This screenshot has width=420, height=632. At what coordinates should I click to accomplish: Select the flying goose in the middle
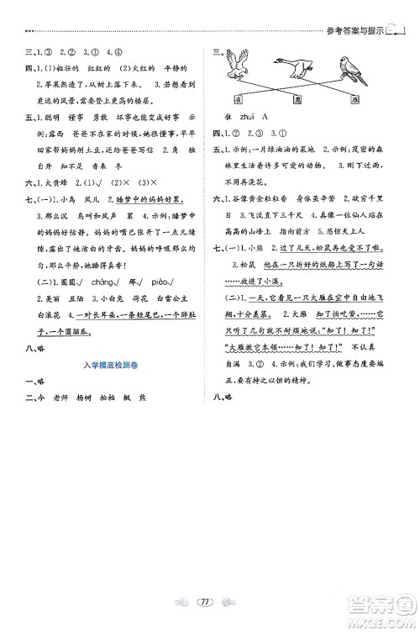point(293,65)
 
